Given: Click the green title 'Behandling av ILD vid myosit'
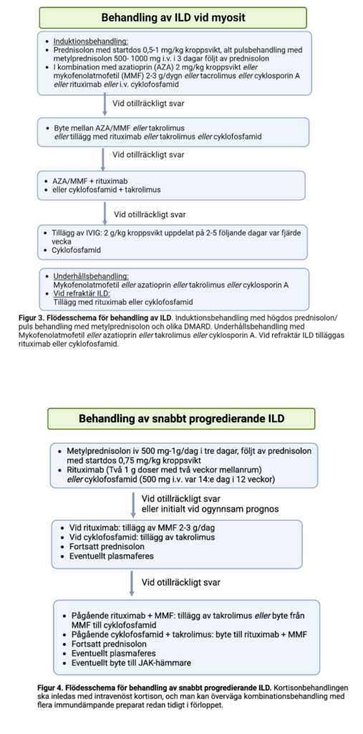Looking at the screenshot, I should (x=173, y=17).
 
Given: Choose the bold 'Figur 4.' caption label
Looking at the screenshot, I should (x=52, y=687).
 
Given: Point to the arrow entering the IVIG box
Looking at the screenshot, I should (x=105, y=211).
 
